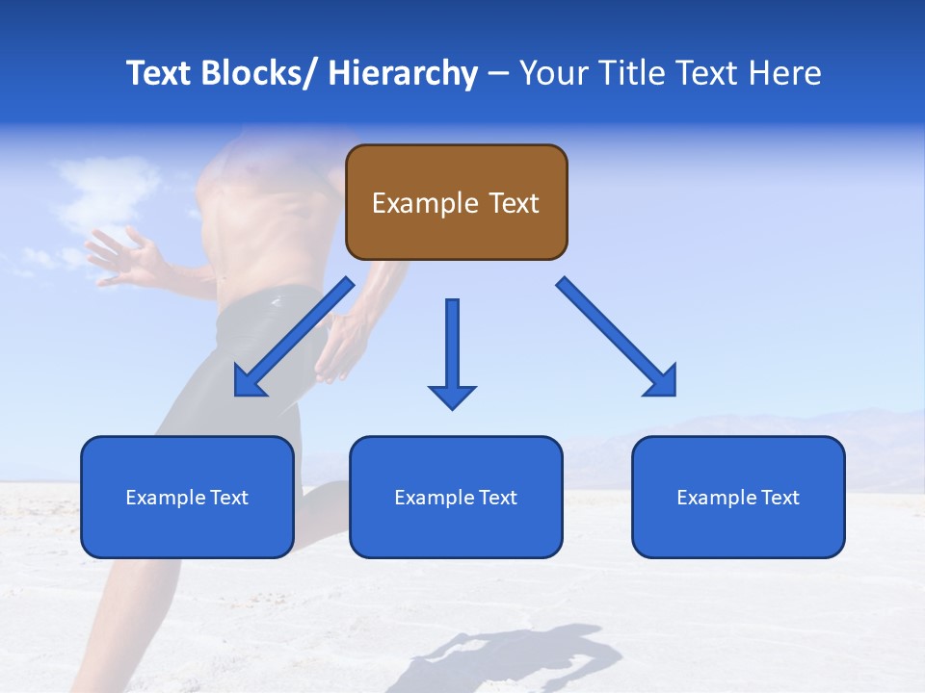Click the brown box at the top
click(456, 202)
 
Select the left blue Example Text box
click(187, 497)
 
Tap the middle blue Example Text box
click(456, 497)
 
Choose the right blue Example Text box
click(738, 497)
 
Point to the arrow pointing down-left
click(293, 338)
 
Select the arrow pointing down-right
click(617, 337)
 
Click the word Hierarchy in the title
click(403, 73)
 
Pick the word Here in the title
click(788, 73)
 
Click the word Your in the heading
click(553, 73)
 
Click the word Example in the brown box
click(424, 203)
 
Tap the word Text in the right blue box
click(778, 497)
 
